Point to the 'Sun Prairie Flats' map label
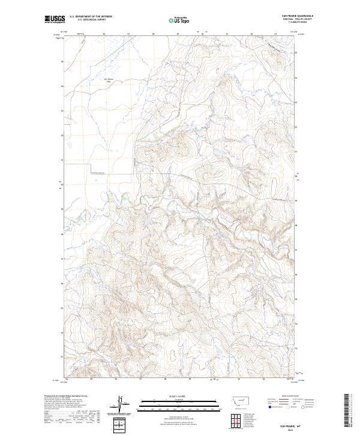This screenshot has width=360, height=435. tap(92, 80)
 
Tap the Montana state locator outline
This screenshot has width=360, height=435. tap(236, 399)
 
